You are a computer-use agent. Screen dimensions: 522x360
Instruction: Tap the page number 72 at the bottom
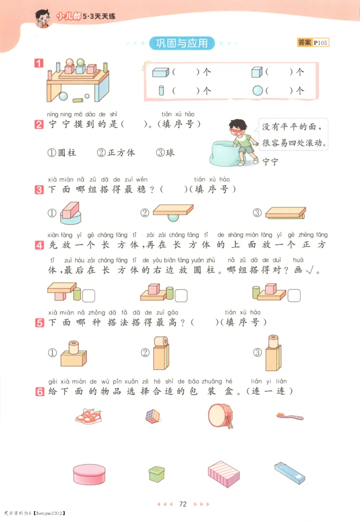tap(183, 504)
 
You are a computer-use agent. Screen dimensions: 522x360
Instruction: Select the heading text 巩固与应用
tap(182, 43)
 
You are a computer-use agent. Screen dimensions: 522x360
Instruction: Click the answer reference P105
tap(321, 43)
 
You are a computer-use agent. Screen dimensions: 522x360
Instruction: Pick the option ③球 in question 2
tap(165, 153)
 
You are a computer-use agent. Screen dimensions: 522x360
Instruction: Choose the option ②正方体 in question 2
tap(116, 153)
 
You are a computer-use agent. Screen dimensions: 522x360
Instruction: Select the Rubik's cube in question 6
tap(153, 416)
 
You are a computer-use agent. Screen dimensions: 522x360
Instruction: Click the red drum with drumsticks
tap(221, 415)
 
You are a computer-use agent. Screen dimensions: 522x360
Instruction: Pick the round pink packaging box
tap(90, 474)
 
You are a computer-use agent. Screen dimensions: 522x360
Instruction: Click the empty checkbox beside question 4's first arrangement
tap(89, 296)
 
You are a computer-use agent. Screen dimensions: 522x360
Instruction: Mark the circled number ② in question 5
tap(145, 352)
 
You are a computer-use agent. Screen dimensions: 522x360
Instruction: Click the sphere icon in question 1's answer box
tap(257, 90)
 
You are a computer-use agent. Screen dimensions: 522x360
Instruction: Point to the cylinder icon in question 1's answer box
tap(161, 90)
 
